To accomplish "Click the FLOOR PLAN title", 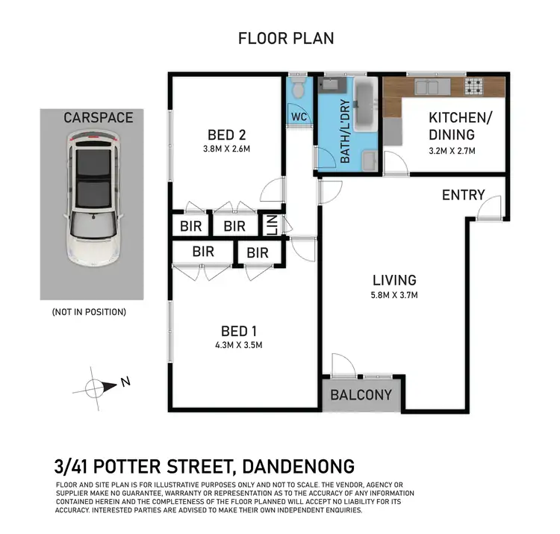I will (286, 38).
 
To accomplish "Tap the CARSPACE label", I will (98, 118).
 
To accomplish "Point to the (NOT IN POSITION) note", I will (89, 312).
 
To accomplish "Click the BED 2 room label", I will (227, 135).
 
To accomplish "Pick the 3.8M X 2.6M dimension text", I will (227, 149).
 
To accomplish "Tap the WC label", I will (299, 117).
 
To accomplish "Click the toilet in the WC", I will (299, 91).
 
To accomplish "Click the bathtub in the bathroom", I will (365, 105).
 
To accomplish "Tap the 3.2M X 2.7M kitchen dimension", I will (451, 151).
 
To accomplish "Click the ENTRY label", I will (463, 195).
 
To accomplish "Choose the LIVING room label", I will (394, 281).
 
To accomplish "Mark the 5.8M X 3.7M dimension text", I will (394, 295).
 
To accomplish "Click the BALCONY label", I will (361, 394).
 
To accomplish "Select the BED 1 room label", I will (237, 331).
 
